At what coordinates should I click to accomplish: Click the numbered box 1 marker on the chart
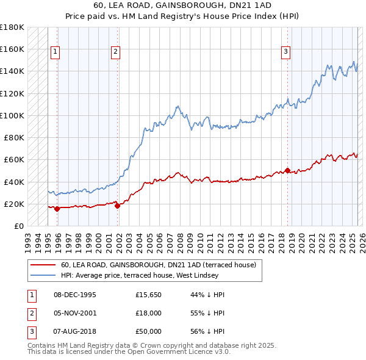[x=55, y=52]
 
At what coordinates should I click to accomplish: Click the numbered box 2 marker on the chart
[x=115, y=52]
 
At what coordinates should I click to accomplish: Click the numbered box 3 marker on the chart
[x=285, y=52]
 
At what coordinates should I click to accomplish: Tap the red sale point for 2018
[x=287, y=170]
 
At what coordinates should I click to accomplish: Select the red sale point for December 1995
[x=57, y=209]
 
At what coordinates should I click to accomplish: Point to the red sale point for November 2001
[x=118, y=206]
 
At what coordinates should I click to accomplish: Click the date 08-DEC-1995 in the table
[x=75, y=295]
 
